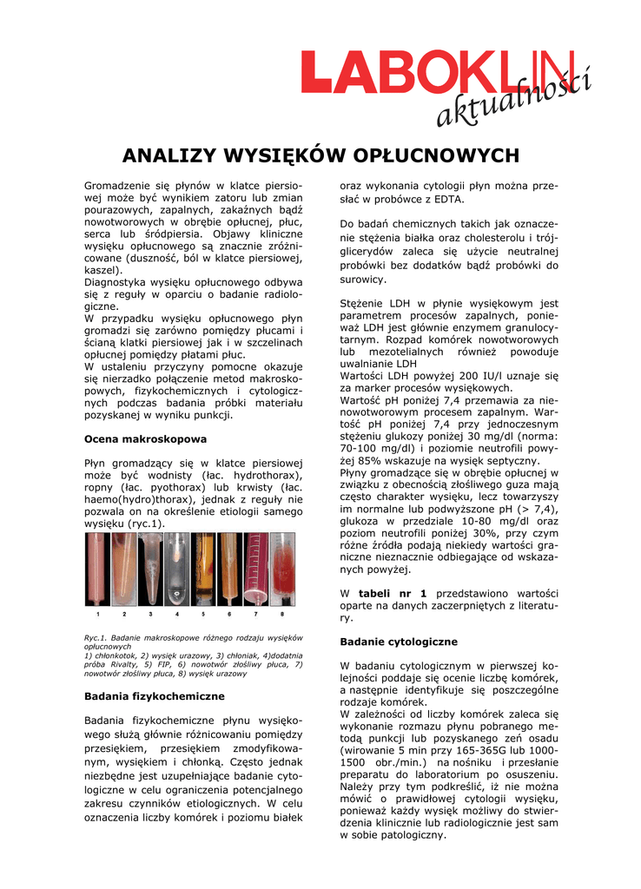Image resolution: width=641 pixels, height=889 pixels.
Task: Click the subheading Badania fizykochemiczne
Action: [x=154, y=696]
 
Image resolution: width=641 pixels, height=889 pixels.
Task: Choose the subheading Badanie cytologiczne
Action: [x=399, y=642]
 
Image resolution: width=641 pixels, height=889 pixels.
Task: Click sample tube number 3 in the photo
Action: [x=150, y=569]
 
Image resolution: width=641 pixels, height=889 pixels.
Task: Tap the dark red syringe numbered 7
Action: [x=255, y=569]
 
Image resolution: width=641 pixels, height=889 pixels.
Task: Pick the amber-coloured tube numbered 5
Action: [x=203, y=569]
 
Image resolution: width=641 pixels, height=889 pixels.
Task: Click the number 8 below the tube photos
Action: [x=282, y=614]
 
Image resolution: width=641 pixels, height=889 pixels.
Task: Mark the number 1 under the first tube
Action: [x=97, y=614]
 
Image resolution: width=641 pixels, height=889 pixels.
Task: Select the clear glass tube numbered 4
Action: [x=177, y=569]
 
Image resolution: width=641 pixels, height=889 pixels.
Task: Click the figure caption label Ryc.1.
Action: [x=96, y=638]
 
